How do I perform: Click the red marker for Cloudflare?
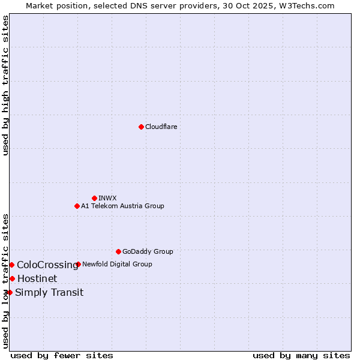click(x=141, y=127)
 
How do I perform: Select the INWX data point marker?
click(x=94, y=198)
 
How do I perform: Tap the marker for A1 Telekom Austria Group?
click(x=77, y=206)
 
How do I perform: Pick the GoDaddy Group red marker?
click(x=118, y=251)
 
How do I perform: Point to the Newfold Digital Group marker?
click(x=79, y=264)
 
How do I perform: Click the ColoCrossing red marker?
click(x=11, y=265)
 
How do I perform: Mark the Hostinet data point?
click(x=12, y=278)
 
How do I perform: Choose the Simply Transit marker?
click(x=10, y=292)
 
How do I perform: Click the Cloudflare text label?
click(x=161, y=127)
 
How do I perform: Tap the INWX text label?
click(x=107, y=198)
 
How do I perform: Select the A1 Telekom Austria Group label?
click(x=122, y=206)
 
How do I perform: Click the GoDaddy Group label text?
click(x=148, y=251)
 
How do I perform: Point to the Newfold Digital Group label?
click(x=117, y=264)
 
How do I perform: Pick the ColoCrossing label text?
click(x=47, y=265)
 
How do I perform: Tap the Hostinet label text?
click(x=37, y=278)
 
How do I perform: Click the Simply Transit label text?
click(x=49, y=292)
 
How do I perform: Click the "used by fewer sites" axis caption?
click(x=62, y=355)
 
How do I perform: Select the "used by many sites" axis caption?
click(x=301, y=355)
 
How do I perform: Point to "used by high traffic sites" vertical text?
click(x=5, y=85)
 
